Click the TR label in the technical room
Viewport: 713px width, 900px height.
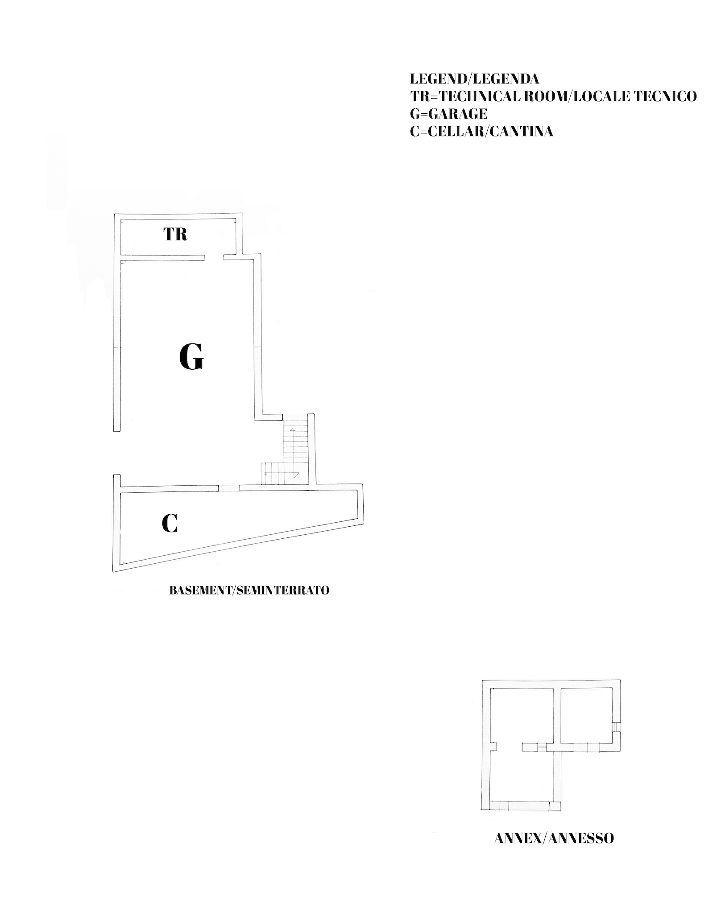175,234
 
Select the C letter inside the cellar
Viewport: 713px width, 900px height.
170,523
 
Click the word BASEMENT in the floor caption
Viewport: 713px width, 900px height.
201,590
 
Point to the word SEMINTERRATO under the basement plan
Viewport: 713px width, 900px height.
283,590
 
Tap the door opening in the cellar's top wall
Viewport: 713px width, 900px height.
229,488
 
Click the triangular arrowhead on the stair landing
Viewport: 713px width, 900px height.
296,475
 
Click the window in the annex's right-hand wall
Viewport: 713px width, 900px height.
616,727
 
